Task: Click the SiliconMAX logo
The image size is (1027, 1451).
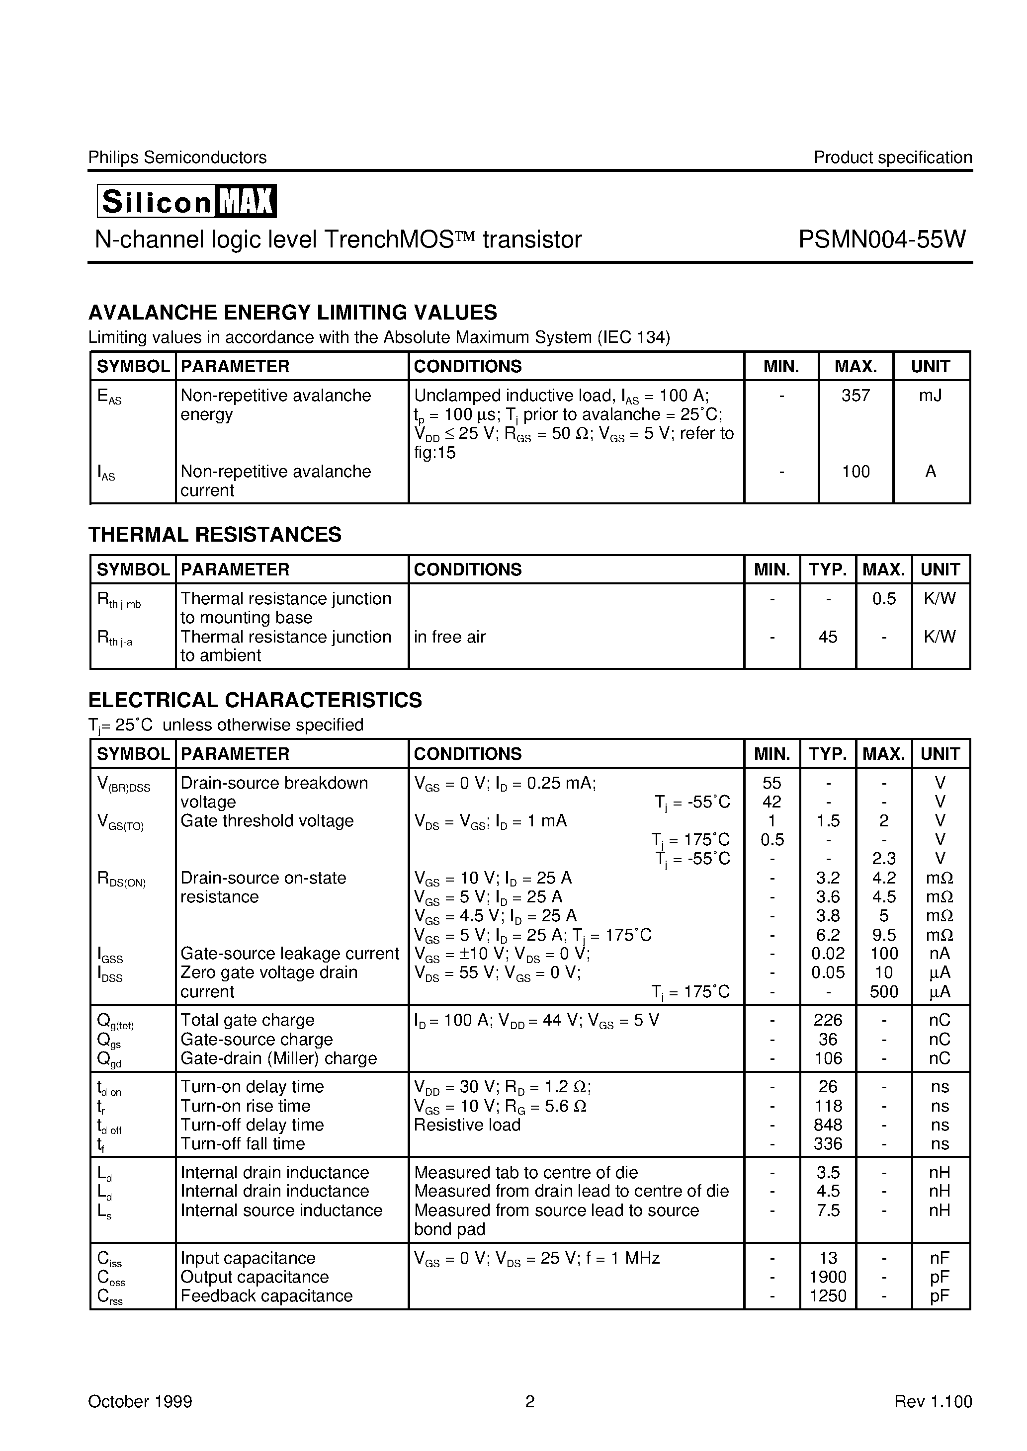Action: pyautogui.click(x=186, y=201)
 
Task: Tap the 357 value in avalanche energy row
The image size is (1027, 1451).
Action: pyautogui.click(x=855, y=396)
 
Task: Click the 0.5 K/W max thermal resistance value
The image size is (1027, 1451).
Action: pyautogui.click(x=883, y=598)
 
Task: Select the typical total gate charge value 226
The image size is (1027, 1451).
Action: pyautogui.click(x=827, y=1020)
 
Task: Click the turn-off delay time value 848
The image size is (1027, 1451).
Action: pyautogui.click(x=827, y=1125)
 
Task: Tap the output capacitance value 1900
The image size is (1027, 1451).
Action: pyautogui.click(x=827, y=1277)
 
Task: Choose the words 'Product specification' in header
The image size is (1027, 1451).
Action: pyautogui.click(x=892, y=158)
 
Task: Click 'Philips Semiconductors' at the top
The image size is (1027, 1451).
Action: pyautogui.click(x=177, y=158)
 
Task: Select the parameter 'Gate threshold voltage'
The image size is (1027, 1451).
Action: pyautogui.click(x=267, y=821)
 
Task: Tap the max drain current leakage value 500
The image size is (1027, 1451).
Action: pyautogui.click(x=883, y=992)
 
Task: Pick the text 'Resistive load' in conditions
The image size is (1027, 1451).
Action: pyautogui.click(x=467, y=1125)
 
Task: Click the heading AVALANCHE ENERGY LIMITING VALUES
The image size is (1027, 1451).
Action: pyautogui.click(x=292, y=312)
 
